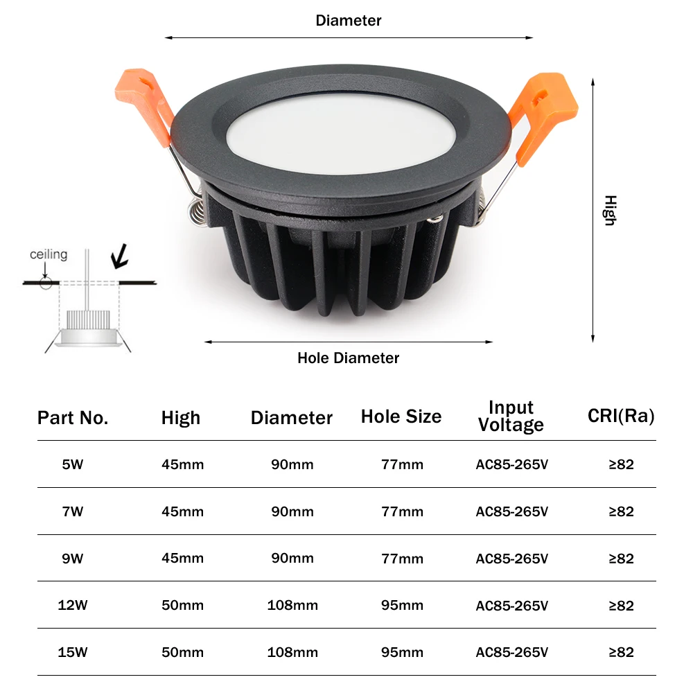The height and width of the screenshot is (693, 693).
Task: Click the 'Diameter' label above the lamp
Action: pos(349,20)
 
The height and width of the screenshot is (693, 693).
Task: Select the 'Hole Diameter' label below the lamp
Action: pos(349,358)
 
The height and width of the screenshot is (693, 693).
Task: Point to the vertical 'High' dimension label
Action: pos(609,210)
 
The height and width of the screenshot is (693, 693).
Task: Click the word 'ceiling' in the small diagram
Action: pos(49,254)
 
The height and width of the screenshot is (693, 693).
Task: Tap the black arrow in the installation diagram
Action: pos(121,256)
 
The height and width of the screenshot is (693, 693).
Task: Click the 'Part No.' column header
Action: pos(73,418)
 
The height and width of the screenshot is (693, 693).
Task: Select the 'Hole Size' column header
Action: pos(401,416)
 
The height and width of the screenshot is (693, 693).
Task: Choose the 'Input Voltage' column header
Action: pos(511,416)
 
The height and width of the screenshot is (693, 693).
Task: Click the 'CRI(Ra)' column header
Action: pos(621,416)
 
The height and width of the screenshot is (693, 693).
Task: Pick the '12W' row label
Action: pos(72,605)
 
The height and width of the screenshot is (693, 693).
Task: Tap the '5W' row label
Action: pos(72,464)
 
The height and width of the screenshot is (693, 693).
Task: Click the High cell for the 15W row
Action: pos(182,652)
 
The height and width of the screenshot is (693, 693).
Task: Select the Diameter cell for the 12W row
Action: pos(292,605)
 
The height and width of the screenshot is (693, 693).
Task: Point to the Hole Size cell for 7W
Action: pos(402,511)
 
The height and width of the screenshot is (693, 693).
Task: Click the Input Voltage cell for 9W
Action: pos(512,559)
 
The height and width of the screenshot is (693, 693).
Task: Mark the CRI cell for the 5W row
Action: pos(621,464)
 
